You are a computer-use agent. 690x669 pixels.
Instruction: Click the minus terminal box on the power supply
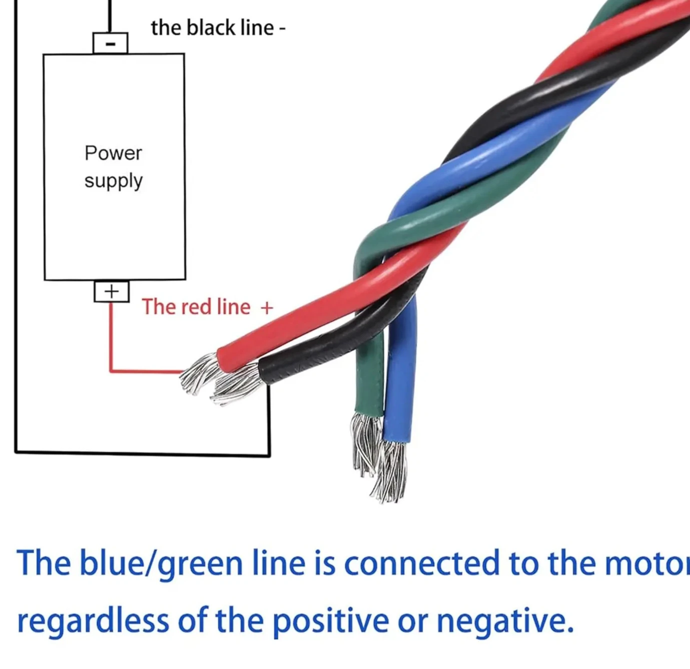pyautogui.click(x=110, y=43)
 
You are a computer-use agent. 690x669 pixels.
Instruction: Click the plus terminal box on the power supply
pyautogui.click(x=112, y=291)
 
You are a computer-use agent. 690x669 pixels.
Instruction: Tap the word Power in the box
pyautogui.click(x=113, y=153)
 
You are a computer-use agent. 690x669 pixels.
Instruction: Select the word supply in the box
pyautogui.click(x=114, y=182)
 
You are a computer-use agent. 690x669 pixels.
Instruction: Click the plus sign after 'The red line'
pyautogui.click(x=267, y=308)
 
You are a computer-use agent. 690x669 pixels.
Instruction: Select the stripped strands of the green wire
pyautogui.click(x=365, y=444)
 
